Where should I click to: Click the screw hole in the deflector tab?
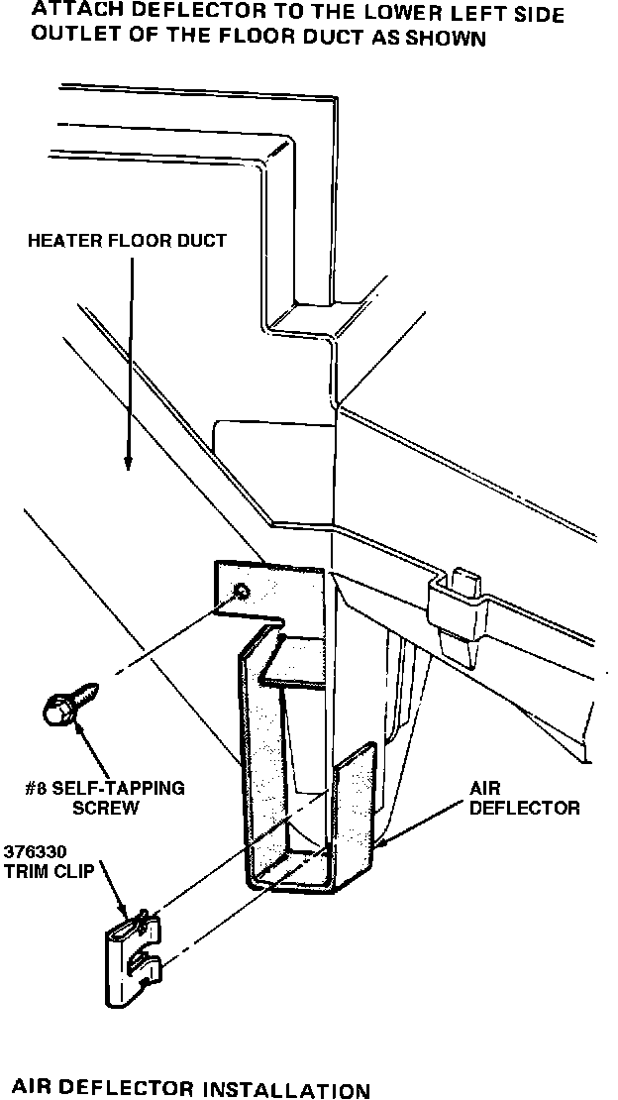[241, 593]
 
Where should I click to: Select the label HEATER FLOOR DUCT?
[127, 241]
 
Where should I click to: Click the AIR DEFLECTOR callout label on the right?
[524, 798]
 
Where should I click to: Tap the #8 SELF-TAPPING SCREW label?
[105, 798]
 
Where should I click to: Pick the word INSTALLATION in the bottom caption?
[286, 1090]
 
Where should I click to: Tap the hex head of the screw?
[57, 710]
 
